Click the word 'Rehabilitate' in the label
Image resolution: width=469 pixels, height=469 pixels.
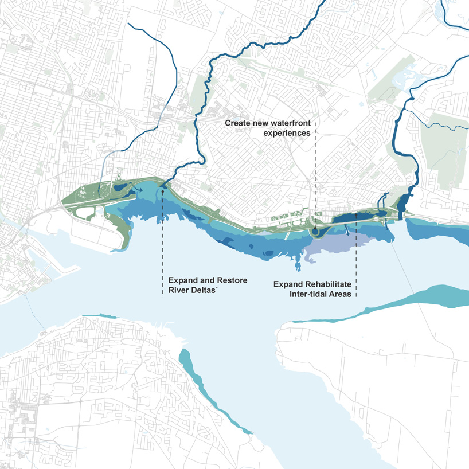(x=329, y=284)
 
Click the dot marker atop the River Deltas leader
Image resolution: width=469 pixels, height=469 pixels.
(x=163, y=193)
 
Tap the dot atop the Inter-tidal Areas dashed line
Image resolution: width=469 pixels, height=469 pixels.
(x=356, y=214)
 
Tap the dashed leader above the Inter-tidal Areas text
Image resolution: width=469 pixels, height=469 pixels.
(x=356, y=247)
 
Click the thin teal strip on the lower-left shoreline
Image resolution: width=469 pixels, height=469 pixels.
(x=99, y=315)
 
